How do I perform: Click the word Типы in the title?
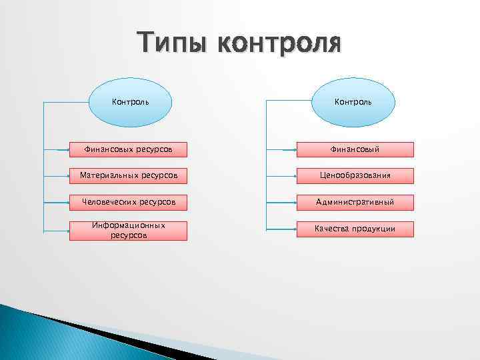coord(172,43)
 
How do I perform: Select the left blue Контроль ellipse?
coord(130,103)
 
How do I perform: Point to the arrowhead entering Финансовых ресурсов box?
coord(69,150)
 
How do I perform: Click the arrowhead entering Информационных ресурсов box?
coord(69,231)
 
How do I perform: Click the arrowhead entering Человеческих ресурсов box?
coord(69,202)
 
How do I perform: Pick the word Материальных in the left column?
coord(107,175)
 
